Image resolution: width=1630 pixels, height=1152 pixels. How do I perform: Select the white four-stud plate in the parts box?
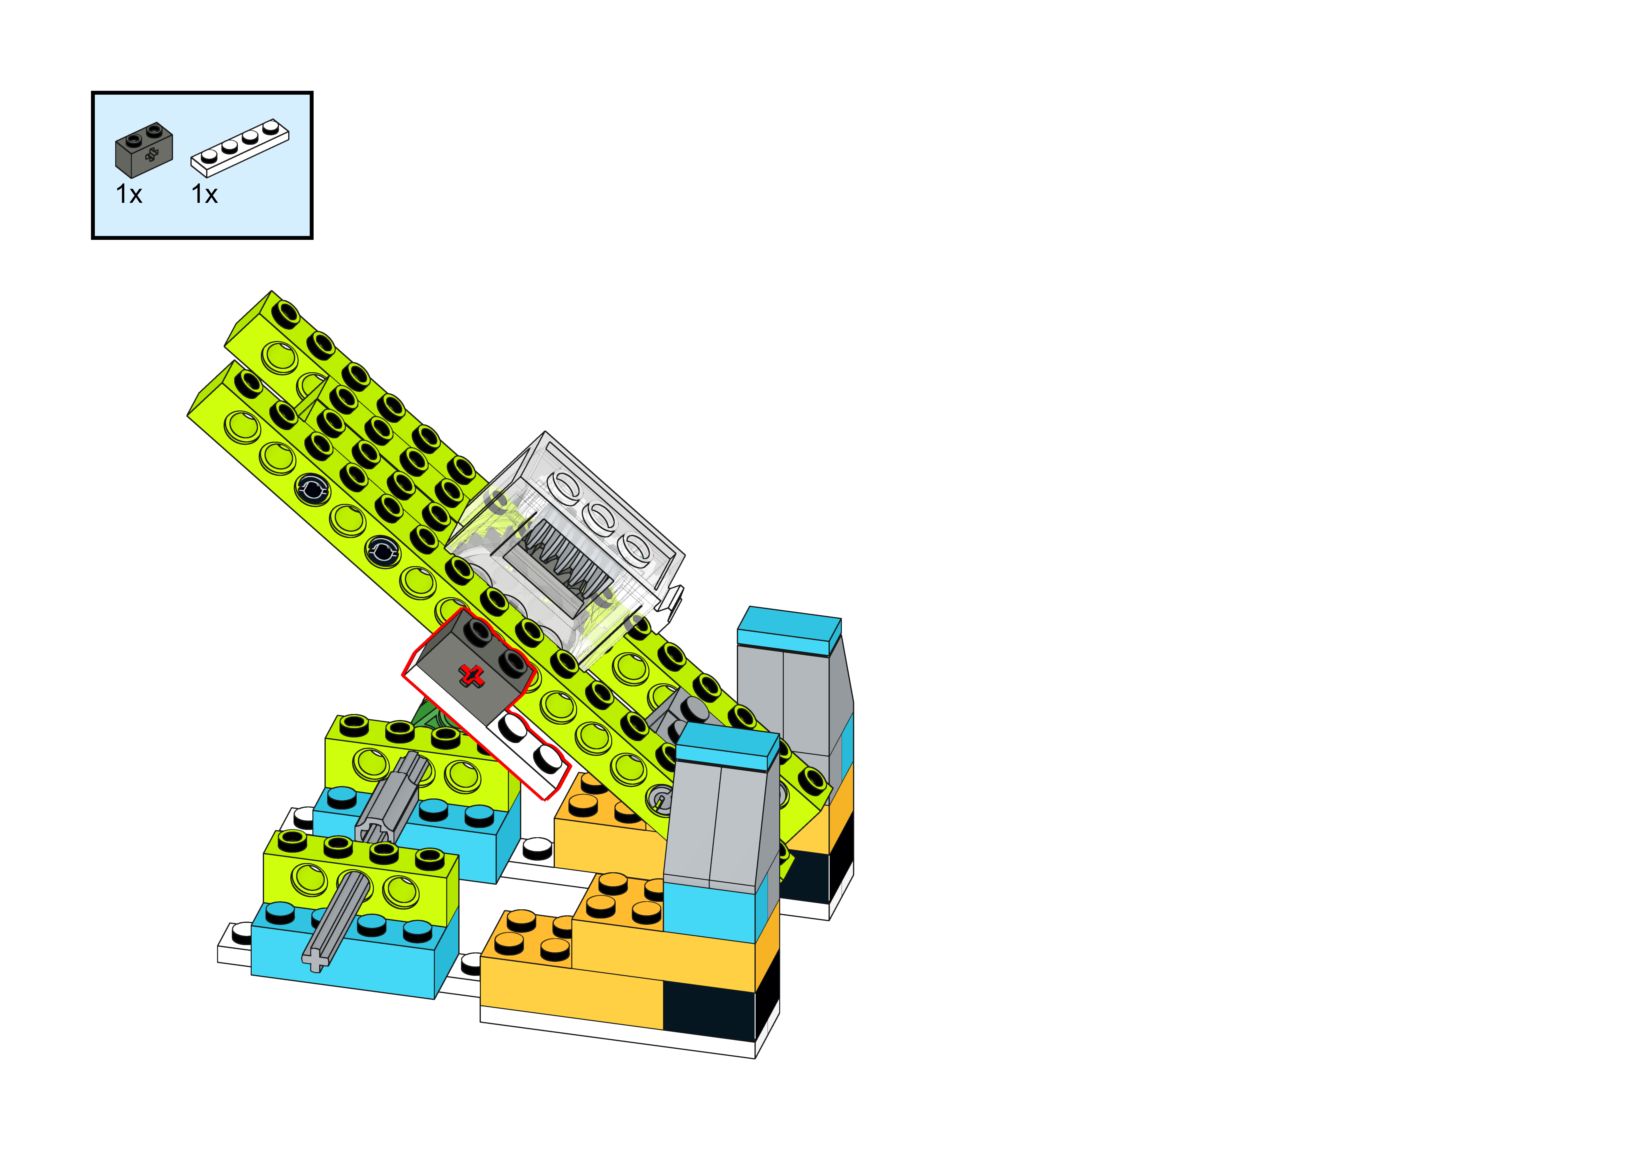(x=240, y=148)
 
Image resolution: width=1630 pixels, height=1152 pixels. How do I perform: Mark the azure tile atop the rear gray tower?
(x=788, y=629)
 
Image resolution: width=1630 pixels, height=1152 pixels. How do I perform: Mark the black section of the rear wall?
(x=809, y=877)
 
